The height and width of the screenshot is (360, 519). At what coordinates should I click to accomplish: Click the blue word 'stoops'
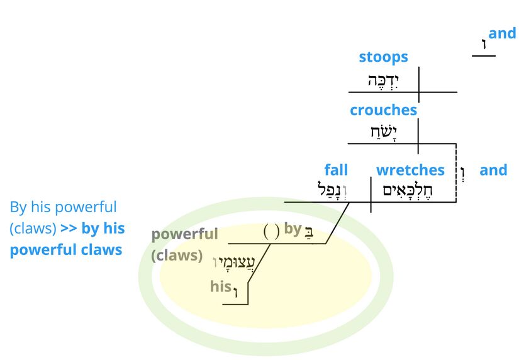(383, 57)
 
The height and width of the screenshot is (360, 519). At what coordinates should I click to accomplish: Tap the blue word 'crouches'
(383, 110)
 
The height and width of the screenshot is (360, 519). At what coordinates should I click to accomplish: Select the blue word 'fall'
(336, 170)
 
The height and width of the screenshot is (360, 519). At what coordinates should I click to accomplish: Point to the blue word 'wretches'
(410, 170)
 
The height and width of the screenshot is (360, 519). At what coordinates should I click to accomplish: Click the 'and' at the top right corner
(502, 33)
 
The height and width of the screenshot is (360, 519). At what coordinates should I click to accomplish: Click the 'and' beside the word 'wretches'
(493, 170)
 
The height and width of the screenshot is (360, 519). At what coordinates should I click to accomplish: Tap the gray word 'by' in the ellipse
(293, 228)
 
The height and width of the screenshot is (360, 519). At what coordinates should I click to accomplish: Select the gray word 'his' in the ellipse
(221, 286)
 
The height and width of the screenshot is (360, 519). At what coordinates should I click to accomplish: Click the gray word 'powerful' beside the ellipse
(184, 234)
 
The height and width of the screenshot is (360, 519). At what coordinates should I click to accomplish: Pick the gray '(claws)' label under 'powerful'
(177, 256)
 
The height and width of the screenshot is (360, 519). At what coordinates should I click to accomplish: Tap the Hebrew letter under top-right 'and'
(484, 44)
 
